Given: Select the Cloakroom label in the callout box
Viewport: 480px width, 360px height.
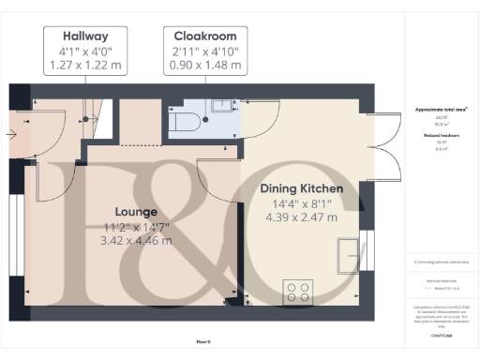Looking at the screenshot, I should click(x=205, y=35).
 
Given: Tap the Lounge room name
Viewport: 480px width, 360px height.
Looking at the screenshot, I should click(x=136, y=212).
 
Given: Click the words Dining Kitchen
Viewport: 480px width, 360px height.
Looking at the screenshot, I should click(x=301, y=188).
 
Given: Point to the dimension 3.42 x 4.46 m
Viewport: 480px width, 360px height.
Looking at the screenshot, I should click(x=136, y=241).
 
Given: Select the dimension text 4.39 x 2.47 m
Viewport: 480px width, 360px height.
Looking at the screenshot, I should click(x=301, y=217).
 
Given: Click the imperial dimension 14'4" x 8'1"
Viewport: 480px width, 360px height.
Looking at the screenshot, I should click(x=301, y=203).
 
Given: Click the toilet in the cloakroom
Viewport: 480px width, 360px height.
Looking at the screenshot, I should click(x=186, y=120).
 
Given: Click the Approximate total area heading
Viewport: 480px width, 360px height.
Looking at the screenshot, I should click(x=442, y=110).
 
